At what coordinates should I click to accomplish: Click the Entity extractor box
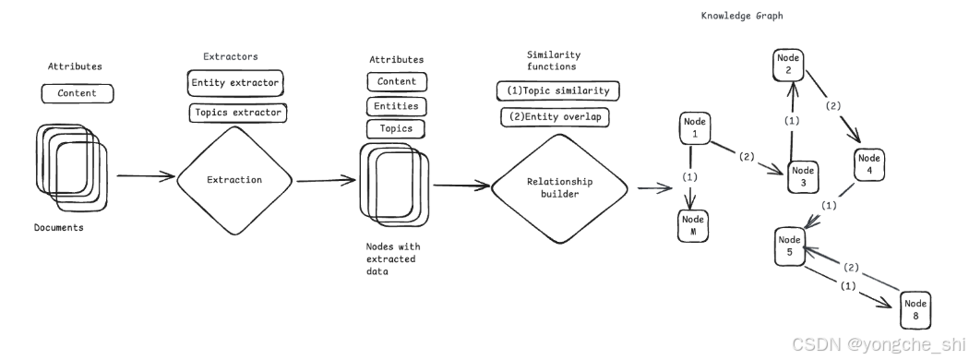click(235, 82)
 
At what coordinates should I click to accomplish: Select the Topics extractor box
click(238, 113)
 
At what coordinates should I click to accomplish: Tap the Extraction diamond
click(234, 180)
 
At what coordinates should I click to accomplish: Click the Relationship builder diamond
click(559, 187)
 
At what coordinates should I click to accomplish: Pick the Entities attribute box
click(396, 106)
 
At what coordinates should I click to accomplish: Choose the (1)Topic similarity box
click(558, 90)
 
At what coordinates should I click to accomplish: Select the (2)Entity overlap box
click(555, 116)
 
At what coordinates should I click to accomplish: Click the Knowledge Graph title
click(742, 16)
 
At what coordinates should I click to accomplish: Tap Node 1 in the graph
click(695, 128)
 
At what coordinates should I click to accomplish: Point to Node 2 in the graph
click(788, 65)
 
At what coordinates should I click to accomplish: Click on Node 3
click(804, 176)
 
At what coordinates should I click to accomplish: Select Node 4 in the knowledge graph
click(869, 164)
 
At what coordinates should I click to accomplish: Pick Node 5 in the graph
click(789, 246)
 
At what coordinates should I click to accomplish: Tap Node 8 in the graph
click(915, 310)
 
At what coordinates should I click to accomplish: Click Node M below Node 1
click(693, 225)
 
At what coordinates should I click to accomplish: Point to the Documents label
click(59, 228)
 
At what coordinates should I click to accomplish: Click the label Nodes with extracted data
click(392, 258)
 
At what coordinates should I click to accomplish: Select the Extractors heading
click(231, 56)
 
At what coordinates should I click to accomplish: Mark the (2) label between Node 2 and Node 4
click(833, 105)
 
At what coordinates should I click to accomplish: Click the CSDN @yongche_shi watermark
click(878, 344)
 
